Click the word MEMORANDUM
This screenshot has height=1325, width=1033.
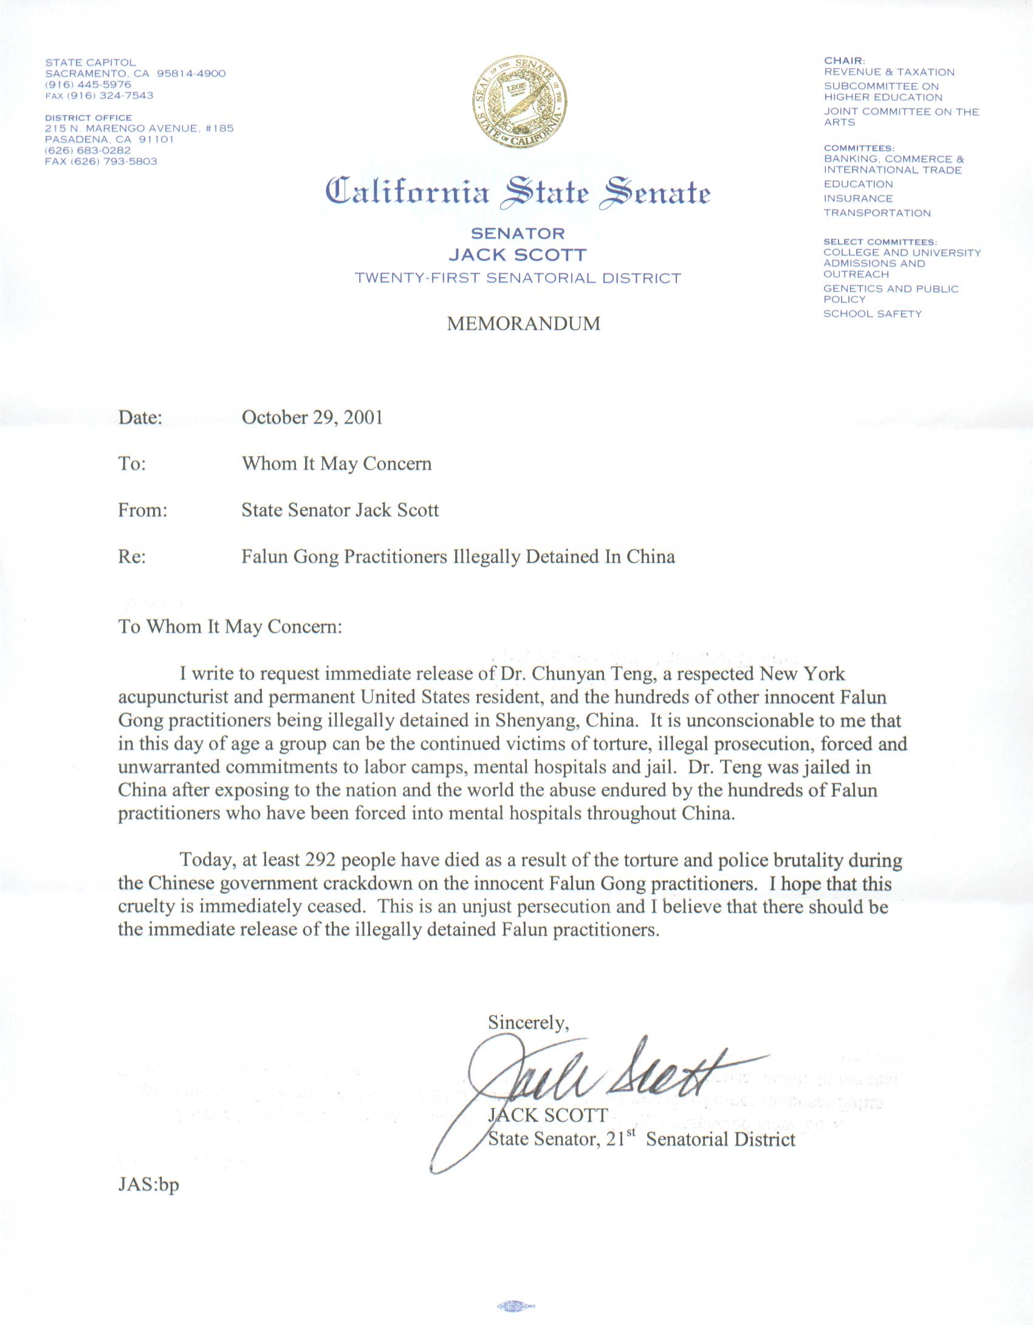(523, 323)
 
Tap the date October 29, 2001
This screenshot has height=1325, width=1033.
(312, 417)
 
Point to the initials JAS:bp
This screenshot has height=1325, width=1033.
(148, 1185)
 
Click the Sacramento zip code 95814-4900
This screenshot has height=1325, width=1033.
(191, 74)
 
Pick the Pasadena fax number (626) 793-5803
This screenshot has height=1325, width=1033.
(101, 162)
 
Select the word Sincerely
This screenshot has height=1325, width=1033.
(528, 1022)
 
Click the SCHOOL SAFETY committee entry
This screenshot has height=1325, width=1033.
(872, 314)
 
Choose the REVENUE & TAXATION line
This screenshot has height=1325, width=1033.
(889, 72)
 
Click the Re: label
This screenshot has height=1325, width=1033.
(132, 556)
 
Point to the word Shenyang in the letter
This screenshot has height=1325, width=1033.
(535, 721)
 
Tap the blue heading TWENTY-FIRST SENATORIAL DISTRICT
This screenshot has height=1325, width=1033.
(518, 278)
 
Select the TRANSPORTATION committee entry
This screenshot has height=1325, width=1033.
(877, 213)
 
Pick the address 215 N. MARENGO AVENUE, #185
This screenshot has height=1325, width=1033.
(139, 129)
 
